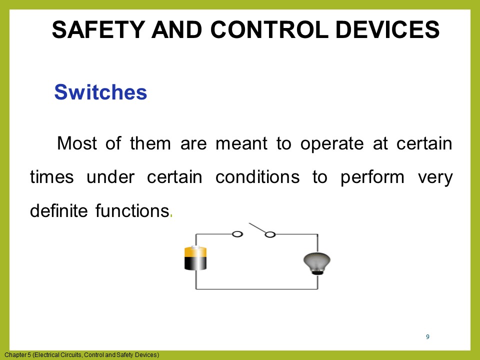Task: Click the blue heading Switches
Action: [x=100, y=92]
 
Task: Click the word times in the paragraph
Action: [x=51, y=177]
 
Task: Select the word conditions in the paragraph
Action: [x=257, y=177]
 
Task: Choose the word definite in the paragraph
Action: [x=58, y=211]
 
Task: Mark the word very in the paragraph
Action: [x=434, y=177]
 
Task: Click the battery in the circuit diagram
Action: [x=195, y=258]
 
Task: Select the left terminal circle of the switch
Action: [x=237, y=233]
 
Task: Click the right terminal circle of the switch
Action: [x=270, y=234]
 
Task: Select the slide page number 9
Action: [x=427, y=337]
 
